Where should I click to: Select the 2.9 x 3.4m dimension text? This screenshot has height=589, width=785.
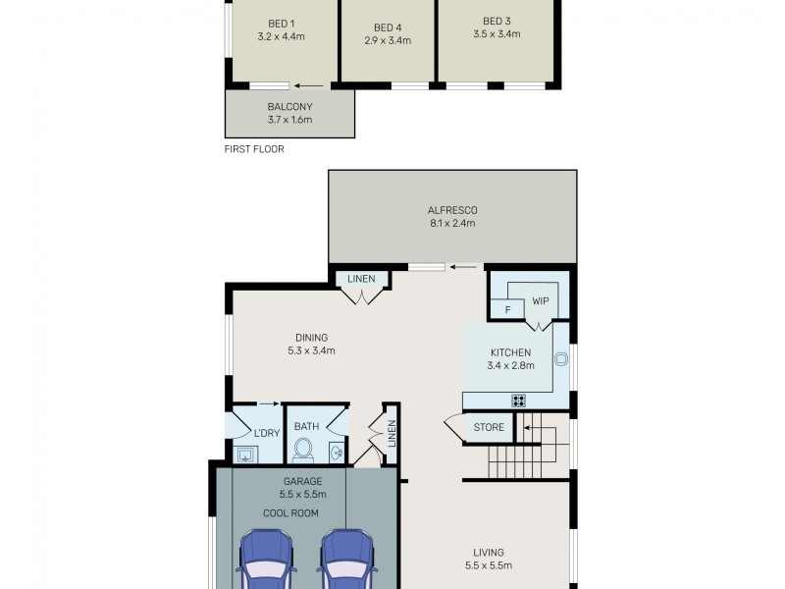[388, 41]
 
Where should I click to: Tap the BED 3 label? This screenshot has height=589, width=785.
[497, 21]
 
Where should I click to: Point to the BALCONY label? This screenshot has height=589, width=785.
[289, 106]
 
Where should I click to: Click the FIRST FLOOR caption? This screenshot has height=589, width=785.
[254, 150]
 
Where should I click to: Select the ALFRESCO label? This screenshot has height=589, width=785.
[451, 210]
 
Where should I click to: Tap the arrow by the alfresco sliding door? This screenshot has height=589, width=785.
[465, 266]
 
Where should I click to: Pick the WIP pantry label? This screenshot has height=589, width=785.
[540, 301]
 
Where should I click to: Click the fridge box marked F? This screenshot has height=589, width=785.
[507, 310]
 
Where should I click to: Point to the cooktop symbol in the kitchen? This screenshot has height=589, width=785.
[517, 400]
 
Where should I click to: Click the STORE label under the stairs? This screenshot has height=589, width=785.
[489, 427]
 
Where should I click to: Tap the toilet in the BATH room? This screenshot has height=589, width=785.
[303, 451]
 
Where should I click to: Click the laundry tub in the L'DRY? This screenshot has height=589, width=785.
[244, 454]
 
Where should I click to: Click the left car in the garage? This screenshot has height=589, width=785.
[264, 560]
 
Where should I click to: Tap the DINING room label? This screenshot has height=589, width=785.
[307, 337]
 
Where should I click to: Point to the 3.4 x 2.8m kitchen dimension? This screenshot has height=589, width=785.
[510, 365]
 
